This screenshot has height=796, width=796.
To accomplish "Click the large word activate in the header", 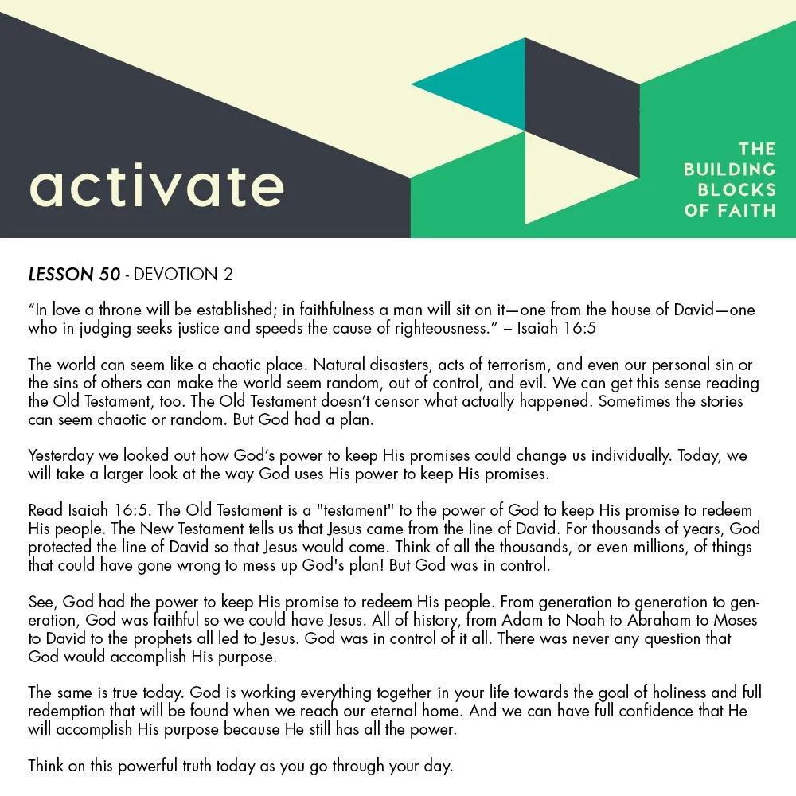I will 156,185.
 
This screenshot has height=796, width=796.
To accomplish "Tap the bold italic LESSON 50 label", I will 74,275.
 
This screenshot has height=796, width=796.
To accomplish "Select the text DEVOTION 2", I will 183,275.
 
